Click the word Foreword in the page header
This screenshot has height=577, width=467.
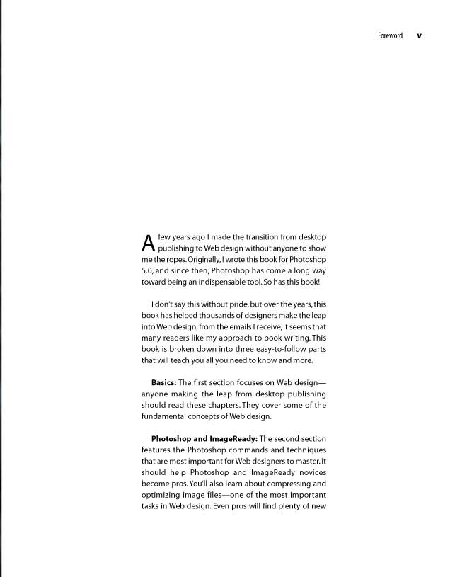[x=390, y=35]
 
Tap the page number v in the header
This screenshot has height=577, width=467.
[x=419, y=35]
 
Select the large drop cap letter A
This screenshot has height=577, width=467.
[x=148, y=243]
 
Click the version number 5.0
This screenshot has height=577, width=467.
[x=148, y=271]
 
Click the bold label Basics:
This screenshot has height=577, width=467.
[x=163, y=383]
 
